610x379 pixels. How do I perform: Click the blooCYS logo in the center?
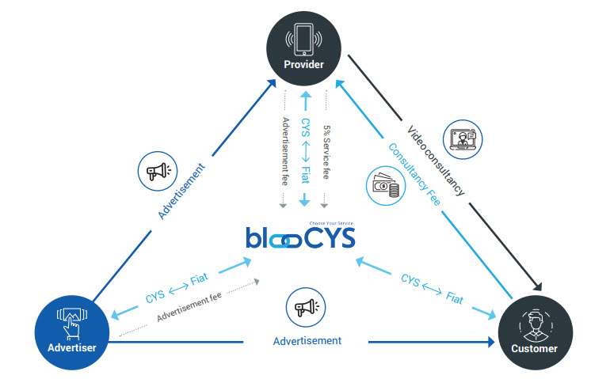[x=299, y=237]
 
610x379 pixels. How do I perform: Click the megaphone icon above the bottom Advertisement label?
[x=306, y=307]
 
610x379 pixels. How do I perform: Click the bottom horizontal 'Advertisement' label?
[x=307, y=340]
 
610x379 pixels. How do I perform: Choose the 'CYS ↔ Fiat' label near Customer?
[x=431, y=289]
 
